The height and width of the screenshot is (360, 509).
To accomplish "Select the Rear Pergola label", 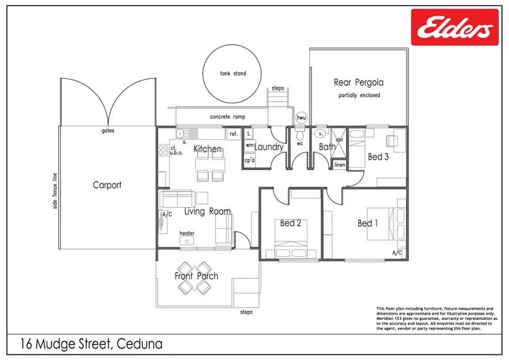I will coord(358,83).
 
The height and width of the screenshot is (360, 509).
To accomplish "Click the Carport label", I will coord(107,185).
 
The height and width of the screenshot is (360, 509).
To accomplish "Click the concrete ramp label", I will coord(227,116).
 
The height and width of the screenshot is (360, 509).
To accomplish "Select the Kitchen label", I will coord(208,149).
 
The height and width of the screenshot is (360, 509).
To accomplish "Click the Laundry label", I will coord(269,147).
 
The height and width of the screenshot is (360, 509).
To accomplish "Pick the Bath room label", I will coord(327,146).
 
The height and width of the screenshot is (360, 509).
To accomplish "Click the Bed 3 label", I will coord(379,157).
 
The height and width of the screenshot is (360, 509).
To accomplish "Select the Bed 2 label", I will coord(290,223).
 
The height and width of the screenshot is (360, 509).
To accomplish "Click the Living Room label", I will coord(208,211).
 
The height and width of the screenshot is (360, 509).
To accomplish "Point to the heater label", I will coord(187,233).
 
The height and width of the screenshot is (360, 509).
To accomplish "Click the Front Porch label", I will coord(197,276).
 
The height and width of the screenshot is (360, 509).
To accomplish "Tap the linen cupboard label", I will coord(340,165).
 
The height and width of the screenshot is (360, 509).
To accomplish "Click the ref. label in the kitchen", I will coord(233,134).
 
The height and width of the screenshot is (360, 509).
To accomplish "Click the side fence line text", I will coord(55,190).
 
